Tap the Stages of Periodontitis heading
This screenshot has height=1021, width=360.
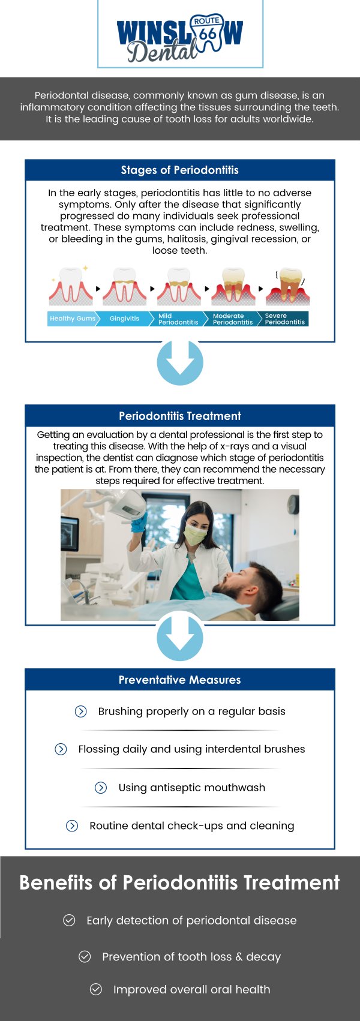[180, 170]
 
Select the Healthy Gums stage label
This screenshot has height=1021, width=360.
[72, 319]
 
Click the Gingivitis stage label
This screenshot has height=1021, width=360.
[124, 319]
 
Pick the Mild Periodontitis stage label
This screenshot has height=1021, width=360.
[178, 319]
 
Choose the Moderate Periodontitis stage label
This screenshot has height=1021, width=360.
[232, 319]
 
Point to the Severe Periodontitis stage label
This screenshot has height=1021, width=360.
[284, 319]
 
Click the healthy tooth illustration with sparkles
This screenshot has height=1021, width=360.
[71, 287]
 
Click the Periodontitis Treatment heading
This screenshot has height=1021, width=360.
[180, 416]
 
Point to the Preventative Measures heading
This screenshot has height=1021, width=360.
[180, 680]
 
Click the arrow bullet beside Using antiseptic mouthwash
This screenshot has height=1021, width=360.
[101, 788]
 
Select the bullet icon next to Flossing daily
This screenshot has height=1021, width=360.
[61, 749]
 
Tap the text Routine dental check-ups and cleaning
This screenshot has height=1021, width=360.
[191, 826]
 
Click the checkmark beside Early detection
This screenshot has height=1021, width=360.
[70, 920]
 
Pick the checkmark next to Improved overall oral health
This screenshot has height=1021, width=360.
[96, 989]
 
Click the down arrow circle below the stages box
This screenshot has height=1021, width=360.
[180, 362]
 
